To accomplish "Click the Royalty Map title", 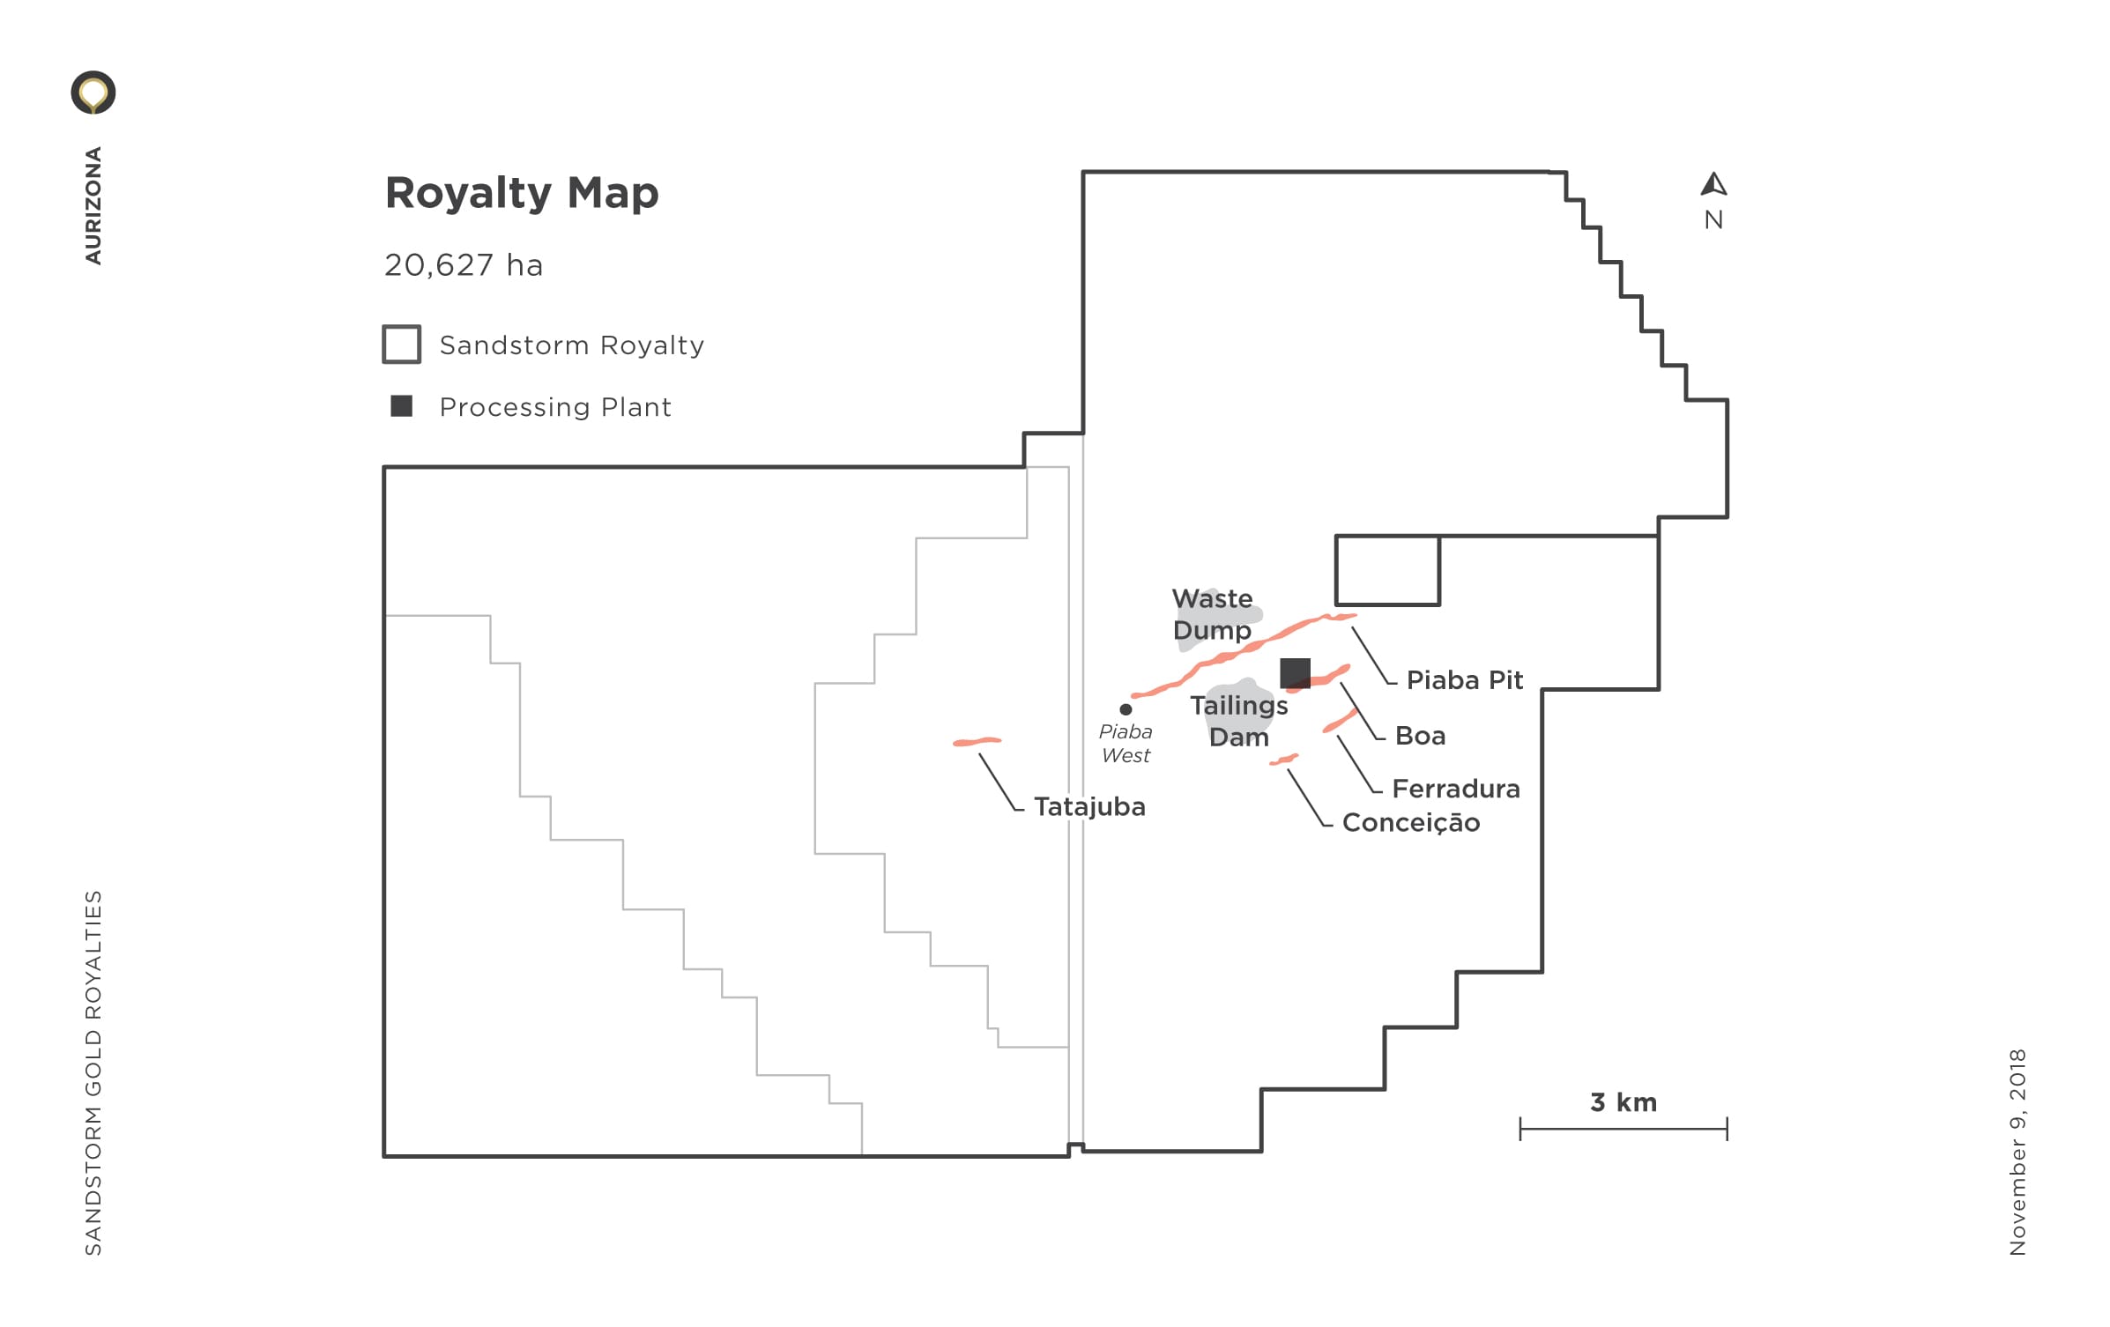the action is coord(522,194).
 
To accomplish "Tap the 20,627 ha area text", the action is coord(464,265).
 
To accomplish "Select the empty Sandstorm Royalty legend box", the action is coord(401,345).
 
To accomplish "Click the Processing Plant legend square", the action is coord(401,406).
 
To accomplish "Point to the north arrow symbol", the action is coord(1713,184).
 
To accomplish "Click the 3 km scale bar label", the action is coord(1623,1102).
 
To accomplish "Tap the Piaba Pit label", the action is coord(1465,680).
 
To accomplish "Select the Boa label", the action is coord(1420,736).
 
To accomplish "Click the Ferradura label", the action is coord(1456,789).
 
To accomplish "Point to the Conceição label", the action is coord(1411,823).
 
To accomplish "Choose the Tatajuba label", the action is coord(1089,807).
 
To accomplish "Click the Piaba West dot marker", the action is coord(1126,709).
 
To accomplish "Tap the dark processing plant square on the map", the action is coord(1295,673).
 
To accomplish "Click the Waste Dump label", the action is coord(1212,615).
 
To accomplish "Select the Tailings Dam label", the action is coord(1239,721).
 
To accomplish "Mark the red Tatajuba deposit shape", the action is coord(977,742).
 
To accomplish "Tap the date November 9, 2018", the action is coord(2017,1152).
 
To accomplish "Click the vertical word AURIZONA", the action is coord(93,205).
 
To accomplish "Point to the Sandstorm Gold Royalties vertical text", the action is coord(93,1072).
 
